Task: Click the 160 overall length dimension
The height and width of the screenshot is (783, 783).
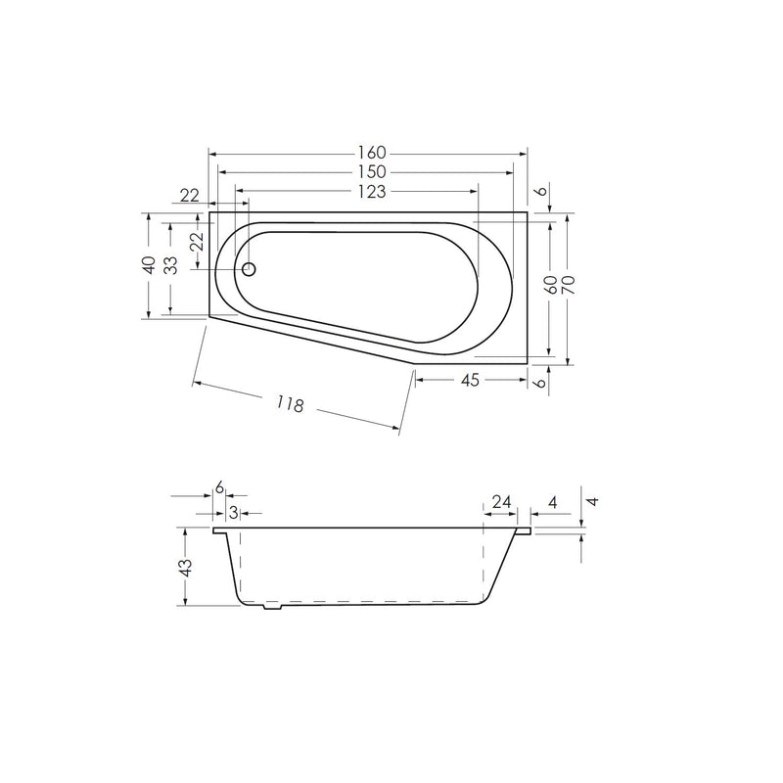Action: pos(372,153)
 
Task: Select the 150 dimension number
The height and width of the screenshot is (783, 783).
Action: pos(372,171)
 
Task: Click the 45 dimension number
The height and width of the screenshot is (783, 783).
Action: pos(469,381)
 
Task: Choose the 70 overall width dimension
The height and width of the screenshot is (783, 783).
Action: pos(568,286)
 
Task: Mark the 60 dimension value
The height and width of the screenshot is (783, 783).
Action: pos(551,286)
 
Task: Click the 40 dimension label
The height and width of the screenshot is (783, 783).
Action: pos(148,266)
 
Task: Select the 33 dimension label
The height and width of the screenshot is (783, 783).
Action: pos(170,266)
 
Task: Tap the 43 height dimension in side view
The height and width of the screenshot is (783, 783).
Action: pos(187,567)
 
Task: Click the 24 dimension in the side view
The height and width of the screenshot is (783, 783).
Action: pos(502,502)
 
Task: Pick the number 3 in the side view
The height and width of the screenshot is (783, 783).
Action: pos(233,512)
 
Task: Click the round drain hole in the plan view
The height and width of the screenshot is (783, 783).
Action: pos(249,268)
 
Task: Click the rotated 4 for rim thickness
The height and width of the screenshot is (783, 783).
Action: pos(591,501)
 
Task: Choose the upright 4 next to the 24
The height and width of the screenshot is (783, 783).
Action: pos(553,502)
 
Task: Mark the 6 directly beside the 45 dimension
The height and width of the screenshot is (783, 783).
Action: pos(538,382)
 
